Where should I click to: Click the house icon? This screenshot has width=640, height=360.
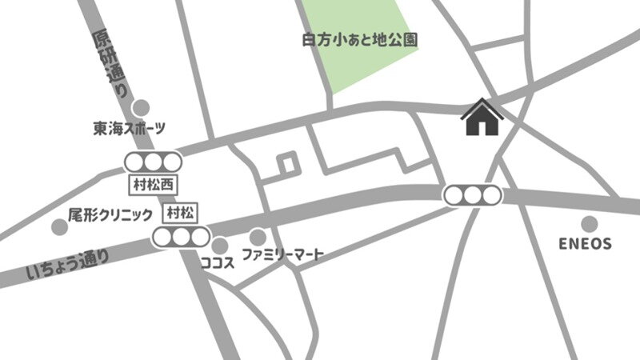coord(482,118)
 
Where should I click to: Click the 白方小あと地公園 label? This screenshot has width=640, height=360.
coord(361,38)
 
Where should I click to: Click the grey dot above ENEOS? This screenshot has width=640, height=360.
coord(589,224)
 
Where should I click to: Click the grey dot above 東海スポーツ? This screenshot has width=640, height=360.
coord(141,107)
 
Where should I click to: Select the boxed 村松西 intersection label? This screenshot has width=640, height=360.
coord(153,184)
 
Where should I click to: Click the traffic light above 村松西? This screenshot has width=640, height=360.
coord(153,162)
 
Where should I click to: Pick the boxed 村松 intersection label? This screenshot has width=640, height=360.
coord(181,212)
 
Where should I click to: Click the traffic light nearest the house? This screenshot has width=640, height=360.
coord(473,194)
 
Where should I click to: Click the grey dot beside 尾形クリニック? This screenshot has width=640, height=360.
coord(58,227)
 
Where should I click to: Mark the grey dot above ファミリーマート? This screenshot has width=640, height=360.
coord(258,238)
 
